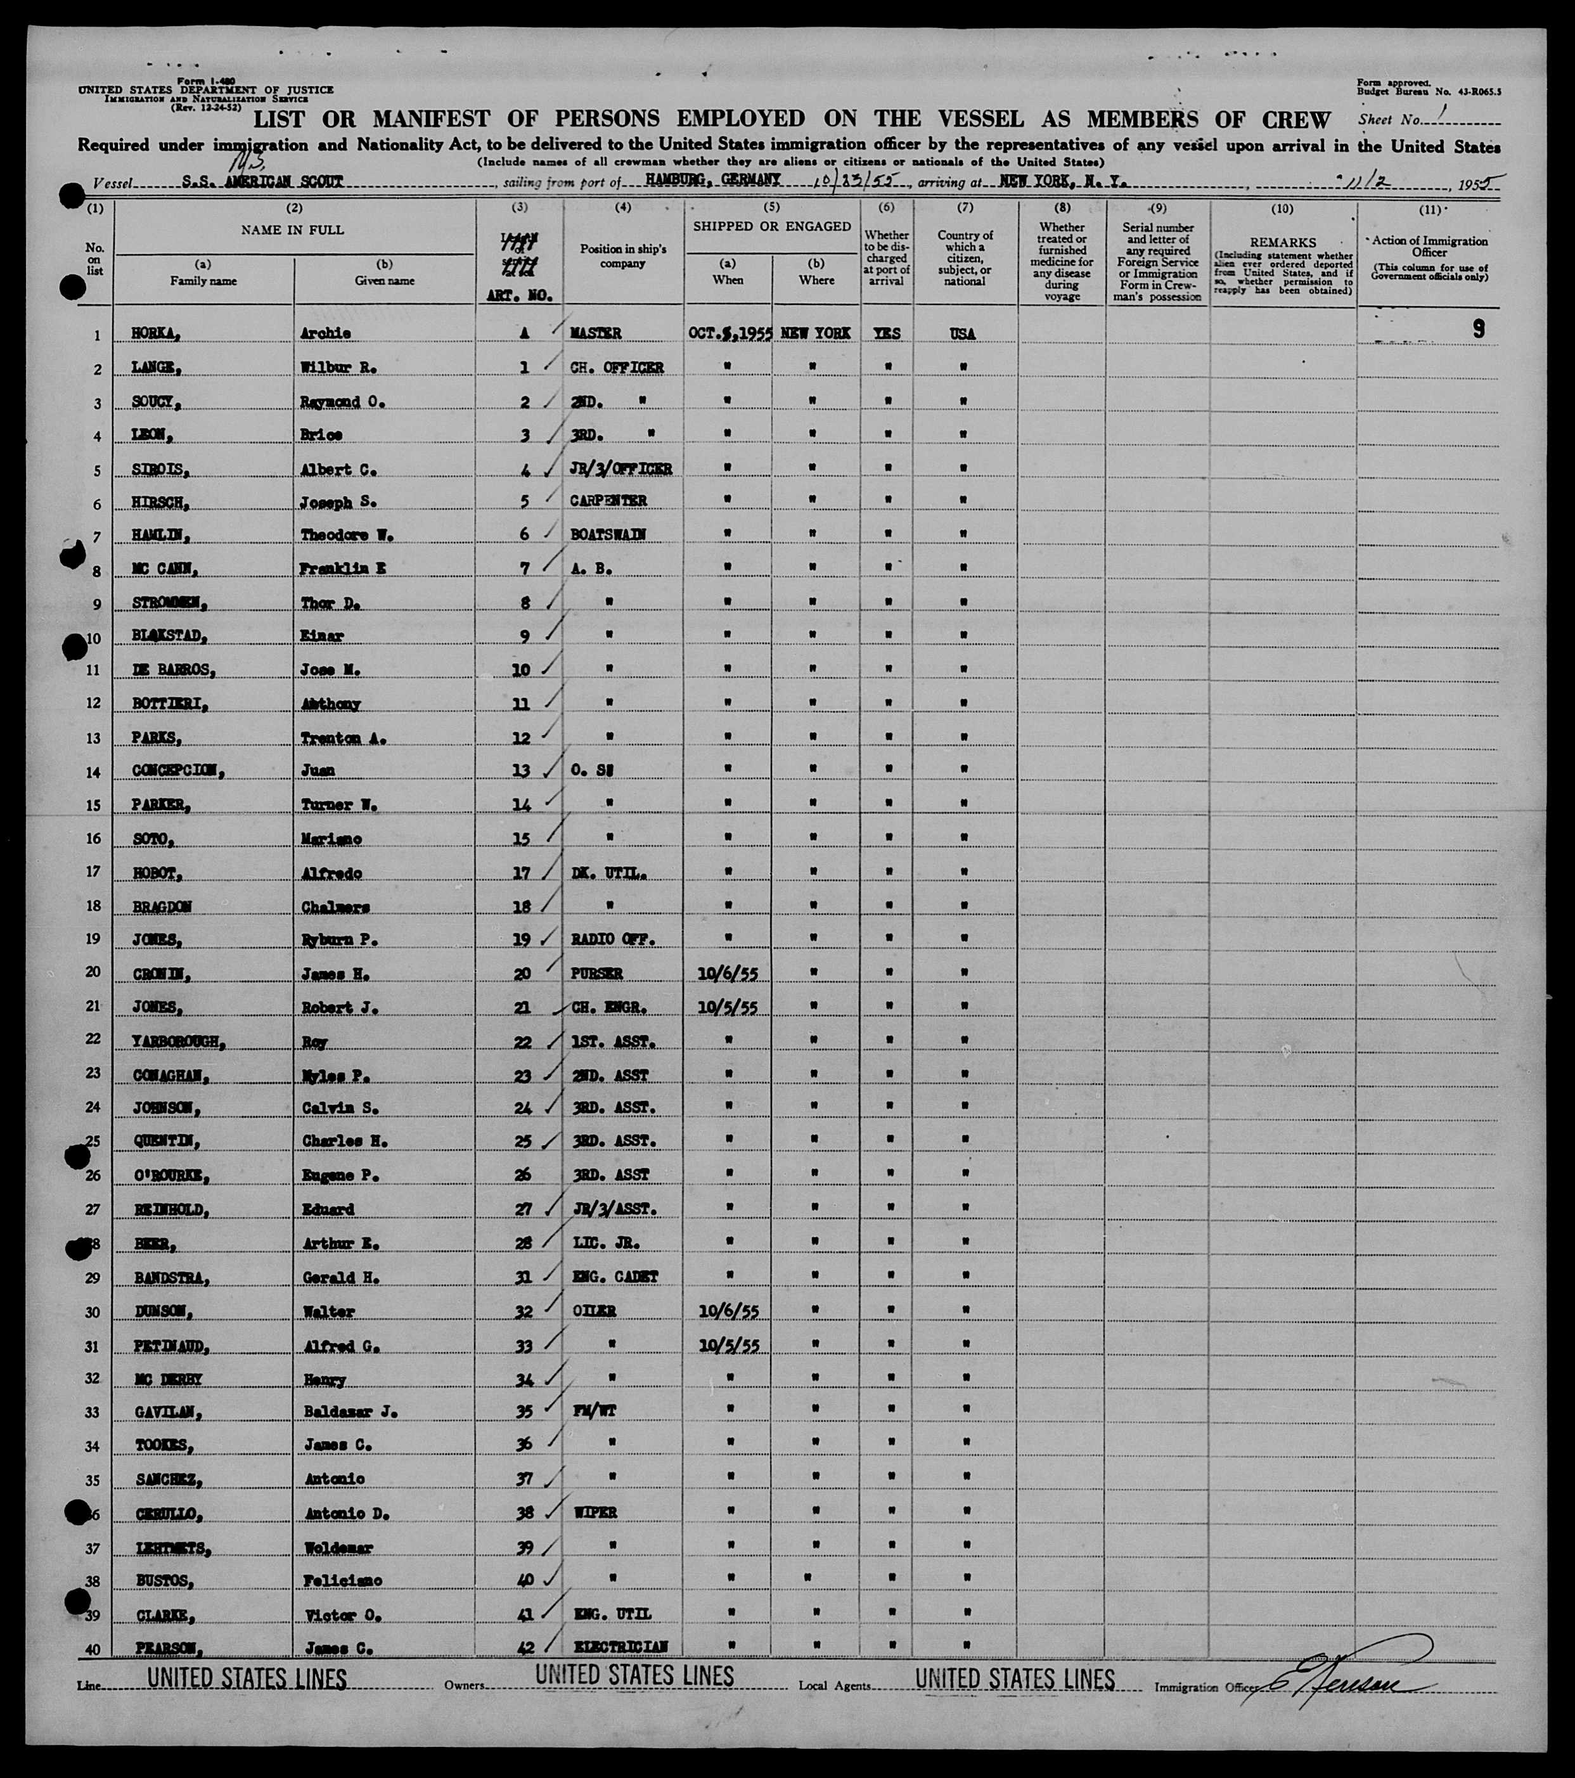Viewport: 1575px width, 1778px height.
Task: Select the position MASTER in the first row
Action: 596,333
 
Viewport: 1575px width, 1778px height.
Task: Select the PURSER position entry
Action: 596,974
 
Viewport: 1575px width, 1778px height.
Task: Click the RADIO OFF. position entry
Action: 612,939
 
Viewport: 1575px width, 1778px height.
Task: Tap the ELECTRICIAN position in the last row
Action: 619,1647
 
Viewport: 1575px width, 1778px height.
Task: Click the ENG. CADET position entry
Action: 615,1277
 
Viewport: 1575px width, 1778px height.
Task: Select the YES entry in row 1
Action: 887,333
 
